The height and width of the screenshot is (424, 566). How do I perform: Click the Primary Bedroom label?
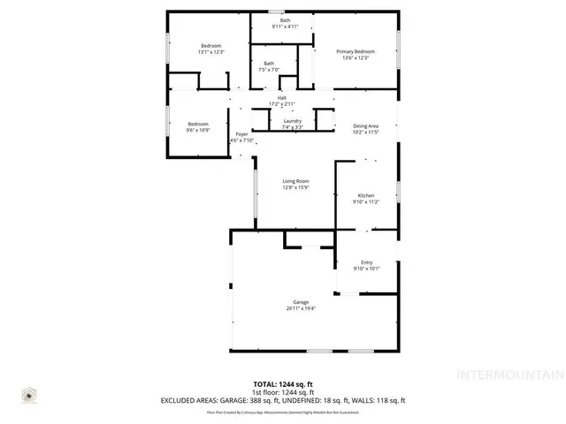pos(355,52)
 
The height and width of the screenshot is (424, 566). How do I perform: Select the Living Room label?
pos(294,181)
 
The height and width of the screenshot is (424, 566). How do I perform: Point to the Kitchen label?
pos(365,195)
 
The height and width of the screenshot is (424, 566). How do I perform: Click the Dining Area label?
pos(365,126)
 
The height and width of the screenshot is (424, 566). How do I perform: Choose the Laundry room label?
pos(293,121)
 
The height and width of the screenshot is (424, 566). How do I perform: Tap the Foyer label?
pos(241,134)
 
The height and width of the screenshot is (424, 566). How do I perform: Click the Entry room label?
pos(366,262)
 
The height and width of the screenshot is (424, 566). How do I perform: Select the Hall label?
pos(281,97)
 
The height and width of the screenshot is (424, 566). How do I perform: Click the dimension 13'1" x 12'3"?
pos(210,52)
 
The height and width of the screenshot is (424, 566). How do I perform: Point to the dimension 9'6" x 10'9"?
pos(197,130)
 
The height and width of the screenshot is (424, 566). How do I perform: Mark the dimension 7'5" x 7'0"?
pos(267,69)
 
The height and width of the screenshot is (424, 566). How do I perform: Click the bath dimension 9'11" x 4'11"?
pos(285,26)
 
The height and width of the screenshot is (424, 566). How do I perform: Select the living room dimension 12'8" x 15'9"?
pos(294,187)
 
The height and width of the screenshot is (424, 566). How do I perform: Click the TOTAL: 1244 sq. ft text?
pos(283,384)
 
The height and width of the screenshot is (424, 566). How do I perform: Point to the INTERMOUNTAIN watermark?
pos(509,374)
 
